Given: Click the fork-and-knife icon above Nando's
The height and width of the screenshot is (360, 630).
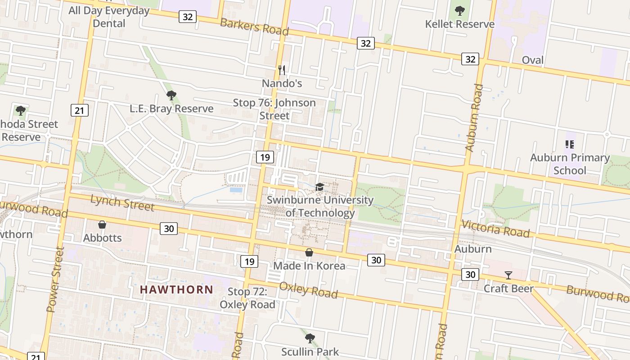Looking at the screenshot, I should (x=282, y=70).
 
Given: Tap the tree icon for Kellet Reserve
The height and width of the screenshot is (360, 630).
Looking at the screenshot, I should (x=459, y=10).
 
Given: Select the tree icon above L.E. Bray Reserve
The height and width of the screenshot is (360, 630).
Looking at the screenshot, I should (x=171, y=95).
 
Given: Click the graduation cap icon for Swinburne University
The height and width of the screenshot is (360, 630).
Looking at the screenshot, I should (x=319, y=187).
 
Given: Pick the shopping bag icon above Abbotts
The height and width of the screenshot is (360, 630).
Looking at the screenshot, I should (x=102, y=225).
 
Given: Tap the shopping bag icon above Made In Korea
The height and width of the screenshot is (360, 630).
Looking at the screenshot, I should (x=309, y=252).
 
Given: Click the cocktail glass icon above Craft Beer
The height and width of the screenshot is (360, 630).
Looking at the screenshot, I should (x=508, y=275).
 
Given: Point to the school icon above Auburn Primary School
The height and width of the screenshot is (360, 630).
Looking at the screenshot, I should (x=569, y=144).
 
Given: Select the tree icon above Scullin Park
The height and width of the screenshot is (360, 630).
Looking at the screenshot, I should (x=310, y=338).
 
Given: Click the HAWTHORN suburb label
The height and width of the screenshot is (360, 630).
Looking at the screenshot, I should (x=176, y=289).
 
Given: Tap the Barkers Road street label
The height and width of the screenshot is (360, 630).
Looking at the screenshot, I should (x=254, y=26).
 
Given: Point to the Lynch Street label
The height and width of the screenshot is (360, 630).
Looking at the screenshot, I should (x=122, y=202).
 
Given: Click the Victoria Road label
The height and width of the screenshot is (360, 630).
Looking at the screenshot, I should (x=495, y=229).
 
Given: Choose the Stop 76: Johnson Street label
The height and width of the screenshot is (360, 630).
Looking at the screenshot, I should (x=274, y=109).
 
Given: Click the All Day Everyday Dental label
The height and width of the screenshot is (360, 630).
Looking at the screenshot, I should (x=109, y=17).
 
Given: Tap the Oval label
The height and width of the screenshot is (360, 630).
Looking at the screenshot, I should (x=533, y=60).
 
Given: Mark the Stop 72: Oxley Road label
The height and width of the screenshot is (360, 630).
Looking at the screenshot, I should (x=247, y=298).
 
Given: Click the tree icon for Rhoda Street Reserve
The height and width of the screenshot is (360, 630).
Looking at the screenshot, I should (x=20, y=110).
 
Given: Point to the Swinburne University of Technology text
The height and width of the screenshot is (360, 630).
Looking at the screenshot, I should (x=320, y=206).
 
